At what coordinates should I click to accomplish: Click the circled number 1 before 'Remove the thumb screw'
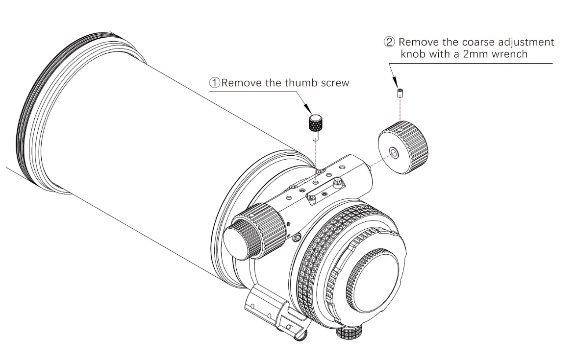[215, 83]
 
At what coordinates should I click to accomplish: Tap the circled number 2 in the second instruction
[389, 42]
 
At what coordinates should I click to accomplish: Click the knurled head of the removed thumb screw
[315, 121]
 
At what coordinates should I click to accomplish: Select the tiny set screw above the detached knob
[400, 93]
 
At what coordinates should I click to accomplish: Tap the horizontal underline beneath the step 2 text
[471, 63]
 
